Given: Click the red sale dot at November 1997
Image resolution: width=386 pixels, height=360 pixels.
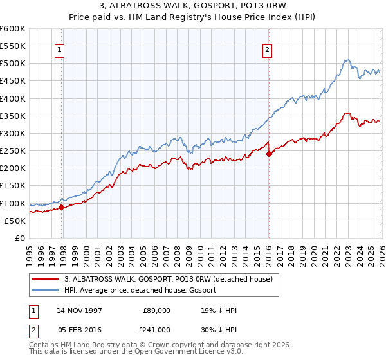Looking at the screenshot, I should click(62, 207).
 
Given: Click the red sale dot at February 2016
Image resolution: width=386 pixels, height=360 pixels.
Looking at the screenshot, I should click(269, 154).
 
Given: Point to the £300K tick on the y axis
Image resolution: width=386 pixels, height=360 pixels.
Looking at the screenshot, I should click(13, 134).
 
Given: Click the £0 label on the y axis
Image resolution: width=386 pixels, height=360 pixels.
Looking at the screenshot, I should click(21, 239).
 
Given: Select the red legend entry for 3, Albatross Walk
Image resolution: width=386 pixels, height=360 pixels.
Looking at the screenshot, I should click(169, 279).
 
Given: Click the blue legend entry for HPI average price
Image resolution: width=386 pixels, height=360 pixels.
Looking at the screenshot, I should click(140, 290).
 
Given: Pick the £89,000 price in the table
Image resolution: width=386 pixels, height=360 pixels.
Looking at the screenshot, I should click(156, 310).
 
